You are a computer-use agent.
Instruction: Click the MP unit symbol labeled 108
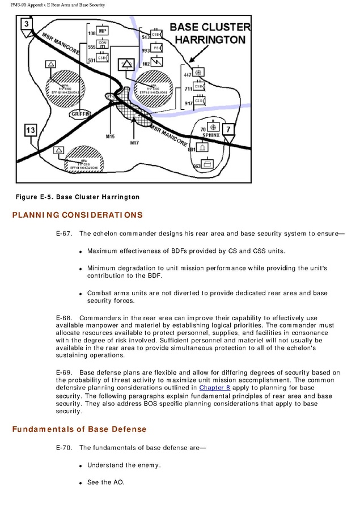click(x=103, y=31)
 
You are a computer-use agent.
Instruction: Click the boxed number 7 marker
click(x=227, y=129)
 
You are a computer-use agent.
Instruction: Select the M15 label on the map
click(x=110, y=137)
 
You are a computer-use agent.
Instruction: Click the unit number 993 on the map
click(x=146, y=50)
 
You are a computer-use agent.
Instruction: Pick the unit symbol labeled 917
click(x=200, y=102)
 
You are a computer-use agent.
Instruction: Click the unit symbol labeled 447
click(x=199, y=73)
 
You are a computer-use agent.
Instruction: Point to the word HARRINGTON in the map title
click(x=210, y=40)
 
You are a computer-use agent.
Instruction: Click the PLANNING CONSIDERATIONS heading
click(x=78, y=215)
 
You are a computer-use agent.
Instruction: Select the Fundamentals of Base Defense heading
click(x=79, y=429)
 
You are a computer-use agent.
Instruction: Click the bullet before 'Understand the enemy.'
click(x=81, y=466)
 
